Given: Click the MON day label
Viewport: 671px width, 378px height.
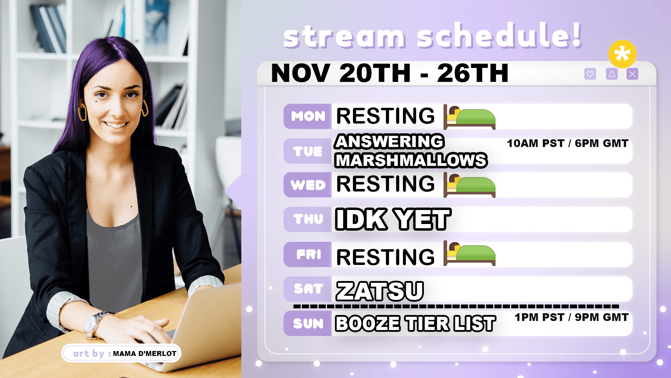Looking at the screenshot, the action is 308,116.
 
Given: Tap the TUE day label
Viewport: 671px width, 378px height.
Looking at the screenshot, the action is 308,151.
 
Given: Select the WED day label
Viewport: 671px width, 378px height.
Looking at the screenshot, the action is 308,185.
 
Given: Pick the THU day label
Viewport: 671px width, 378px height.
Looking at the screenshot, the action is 308,219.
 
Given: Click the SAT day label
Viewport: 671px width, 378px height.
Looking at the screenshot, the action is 308,289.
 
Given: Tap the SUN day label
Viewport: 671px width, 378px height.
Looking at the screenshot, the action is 308,323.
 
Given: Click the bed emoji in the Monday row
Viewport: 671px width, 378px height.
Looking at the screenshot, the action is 469,117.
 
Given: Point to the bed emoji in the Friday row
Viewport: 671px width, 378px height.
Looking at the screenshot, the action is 469,253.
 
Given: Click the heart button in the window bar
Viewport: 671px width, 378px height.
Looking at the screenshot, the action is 590,74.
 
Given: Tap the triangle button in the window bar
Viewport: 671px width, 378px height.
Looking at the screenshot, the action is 612,74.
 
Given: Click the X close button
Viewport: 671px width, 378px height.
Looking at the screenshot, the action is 633,74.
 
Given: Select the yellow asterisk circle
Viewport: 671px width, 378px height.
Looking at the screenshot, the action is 622,54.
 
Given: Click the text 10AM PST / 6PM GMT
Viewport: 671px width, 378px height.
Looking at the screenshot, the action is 568,143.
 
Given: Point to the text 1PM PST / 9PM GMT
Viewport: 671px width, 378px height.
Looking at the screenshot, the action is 571,317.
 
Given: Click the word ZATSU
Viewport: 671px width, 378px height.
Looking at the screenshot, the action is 380,291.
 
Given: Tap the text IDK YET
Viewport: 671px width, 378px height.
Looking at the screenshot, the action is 393,219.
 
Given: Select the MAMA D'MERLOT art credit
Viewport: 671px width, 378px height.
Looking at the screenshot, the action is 145,353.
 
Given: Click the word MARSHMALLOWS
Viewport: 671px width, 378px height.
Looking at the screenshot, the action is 411,160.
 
